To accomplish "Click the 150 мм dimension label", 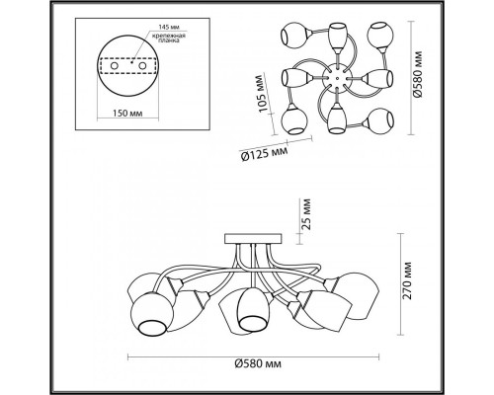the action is pos(127,114).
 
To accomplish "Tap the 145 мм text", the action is pos(169,27).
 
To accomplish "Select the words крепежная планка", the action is pos(168,38).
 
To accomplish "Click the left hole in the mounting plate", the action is pos(115,65).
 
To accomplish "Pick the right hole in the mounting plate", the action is pos(142,65).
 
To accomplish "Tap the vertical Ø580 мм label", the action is pos(418,74).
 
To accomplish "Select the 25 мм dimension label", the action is pos(306,214).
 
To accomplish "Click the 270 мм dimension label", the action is pos(407,280).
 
